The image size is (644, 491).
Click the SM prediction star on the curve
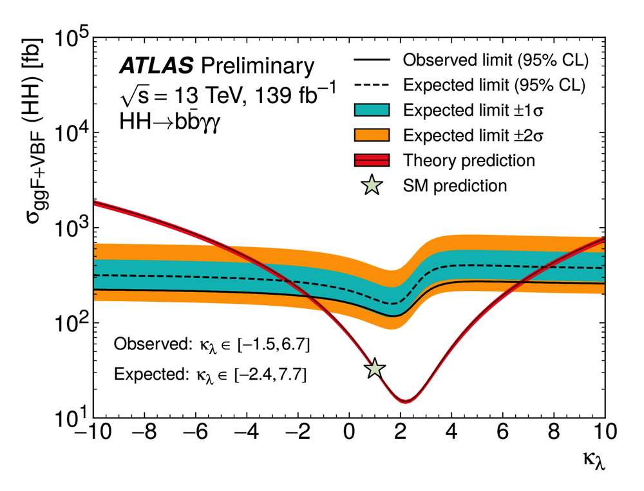pyautogui.click(x=375, y=369)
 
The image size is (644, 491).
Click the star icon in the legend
pyautogui.click(x=372, y=186)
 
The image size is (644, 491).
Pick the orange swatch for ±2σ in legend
pyautogui.click(x=372, y=134)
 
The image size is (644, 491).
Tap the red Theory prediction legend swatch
pyautogui.click(x=372, y=160)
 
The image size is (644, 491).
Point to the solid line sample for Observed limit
pyautogui.click(x=372, y=60)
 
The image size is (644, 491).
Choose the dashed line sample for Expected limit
pyautogui.click(x=372, y=85)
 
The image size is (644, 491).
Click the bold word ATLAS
pyautogui.click(x=156, y=66)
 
